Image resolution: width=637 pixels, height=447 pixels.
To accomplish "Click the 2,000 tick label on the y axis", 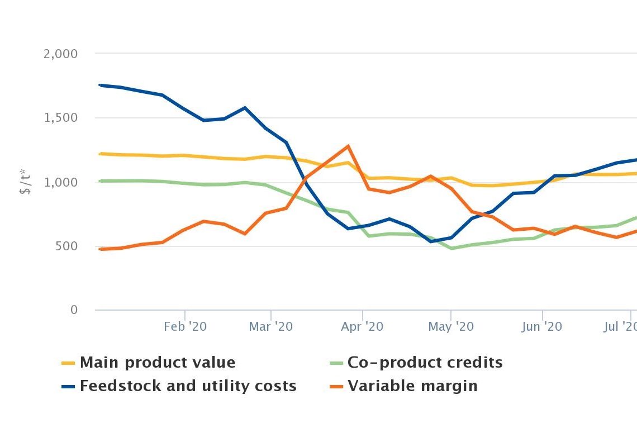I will coord(60,54).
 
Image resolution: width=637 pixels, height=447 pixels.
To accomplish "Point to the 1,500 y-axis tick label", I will coord(60,118).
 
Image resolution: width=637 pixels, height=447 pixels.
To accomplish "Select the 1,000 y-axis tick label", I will coord(60,182).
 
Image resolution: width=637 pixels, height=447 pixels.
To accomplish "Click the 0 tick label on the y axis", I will coord(74,310).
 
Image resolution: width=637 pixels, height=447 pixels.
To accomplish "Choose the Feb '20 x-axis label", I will coord(185,326).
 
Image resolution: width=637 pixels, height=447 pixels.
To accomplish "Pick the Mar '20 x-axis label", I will coord(271,326).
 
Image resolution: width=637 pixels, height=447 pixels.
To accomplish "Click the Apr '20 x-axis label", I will coord(362,326).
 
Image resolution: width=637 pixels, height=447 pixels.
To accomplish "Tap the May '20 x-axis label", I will coord(450,326).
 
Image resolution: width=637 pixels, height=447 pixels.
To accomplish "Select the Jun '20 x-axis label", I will coord(541,326).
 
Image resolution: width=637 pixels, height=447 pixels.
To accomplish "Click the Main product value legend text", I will coord(158,363).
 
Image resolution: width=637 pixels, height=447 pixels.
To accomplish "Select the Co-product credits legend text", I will coord(425,363).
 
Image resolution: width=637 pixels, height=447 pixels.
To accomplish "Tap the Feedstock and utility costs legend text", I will coord(188,386).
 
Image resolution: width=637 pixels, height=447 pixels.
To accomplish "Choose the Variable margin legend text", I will coord(412,386).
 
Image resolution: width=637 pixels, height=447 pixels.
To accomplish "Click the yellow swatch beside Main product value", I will coord(68,363).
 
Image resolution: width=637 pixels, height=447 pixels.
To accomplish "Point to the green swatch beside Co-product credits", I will coord(335,363).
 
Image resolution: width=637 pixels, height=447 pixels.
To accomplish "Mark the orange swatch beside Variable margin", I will coord(335,387).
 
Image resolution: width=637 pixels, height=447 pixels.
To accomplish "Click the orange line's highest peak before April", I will coord(349,146).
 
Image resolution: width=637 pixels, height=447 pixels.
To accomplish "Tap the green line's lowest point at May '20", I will coord(451,248).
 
